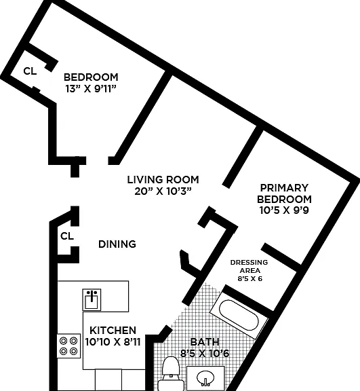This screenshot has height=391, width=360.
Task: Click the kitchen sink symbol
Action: [x=92, y=299]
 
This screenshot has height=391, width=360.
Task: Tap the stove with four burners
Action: [x=68, y=346]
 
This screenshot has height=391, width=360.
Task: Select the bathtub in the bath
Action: [x=239, y=316]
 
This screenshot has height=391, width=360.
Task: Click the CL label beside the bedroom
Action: [x=30, y=71]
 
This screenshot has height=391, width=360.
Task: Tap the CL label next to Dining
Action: [x=67, y=236]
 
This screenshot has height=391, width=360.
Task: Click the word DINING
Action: [x=117, y=244]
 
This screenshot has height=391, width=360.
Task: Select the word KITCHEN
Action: [x=113, y=330]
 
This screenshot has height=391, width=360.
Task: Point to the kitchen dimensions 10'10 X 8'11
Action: [x=113, y=341]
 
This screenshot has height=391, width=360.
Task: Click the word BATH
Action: [x=205, y=341]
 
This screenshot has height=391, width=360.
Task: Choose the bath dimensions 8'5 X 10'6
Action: [x=205, y=353]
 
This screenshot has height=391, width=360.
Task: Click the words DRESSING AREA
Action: [x=249, y=266]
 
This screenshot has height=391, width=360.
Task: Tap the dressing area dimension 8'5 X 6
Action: [x=250, y=278]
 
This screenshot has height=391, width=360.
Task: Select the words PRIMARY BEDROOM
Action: [x=284, y=193]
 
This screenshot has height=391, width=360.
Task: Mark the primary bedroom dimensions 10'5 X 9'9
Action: [x=284, y=210]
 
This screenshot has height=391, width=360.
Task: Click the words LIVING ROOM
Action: [x=163, y=179]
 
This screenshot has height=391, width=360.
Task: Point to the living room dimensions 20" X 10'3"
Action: [x=163, y=191]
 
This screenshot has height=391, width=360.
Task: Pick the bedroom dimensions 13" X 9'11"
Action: [x=91, y=89]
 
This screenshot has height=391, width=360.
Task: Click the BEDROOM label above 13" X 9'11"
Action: [x=91, y=77]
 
